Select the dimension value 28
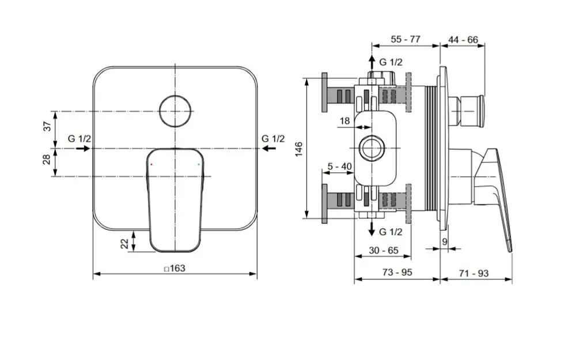48,160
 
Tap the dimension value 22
124,243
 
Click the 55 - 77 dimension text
406,39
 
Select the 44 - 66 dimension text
463,39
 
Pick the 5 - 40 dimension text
339,166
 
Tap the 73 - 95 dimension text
397,273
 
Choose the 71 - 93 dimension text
474,273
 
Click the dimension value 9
444,242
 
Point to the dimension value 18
344,121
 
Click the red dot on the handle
152,164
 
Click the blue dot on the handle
199,164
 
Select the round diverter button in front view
176,110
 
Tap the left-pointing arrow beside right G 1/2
268,148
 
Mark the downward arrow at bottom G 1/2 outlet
370,229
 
